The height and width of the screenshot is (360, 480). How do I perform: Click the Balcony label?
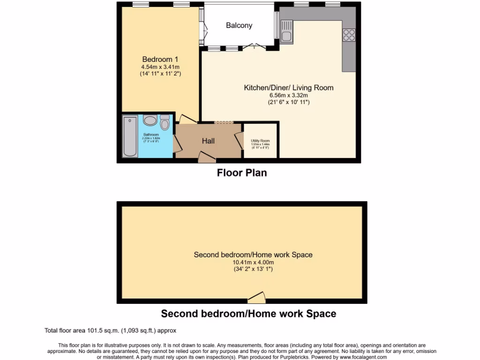[239, 25]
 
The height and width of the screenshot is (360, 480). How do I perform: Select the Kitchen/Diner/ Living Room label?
[288, 88]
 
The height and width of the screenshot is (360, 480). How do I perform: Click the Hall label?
[208, 141]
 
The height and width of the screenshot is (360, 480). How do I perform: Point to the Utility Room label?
[261, 141]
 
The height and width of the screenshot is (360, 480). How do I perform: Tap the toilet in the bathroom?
[165, 123]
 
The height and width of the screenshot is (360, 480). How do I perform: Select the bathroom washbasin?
[150, 121]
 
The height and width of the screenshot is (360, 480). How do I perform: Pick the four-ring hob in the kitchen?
[349, 35]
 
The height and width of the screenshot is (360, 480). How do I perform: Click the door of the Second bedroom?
[256, 297]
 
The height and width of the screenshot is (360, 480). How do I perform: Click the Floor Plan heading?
[241, 173]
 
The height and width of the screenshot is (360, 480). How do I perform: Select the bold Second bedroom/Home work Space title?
[248, 314]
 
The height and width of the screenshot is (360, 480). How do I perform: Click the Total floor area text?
[110, 330]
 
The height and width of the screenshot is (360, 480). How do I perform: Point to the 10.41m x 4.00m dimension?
[253, 262]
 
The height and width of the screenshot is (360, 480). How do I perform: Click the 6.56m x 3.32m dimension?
[288, 95]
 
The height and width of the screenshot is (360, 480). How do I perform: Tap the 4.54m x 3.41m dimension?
[160, 67]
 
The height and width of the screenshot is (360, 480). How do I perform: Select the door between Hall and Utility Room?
[239, 140]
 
